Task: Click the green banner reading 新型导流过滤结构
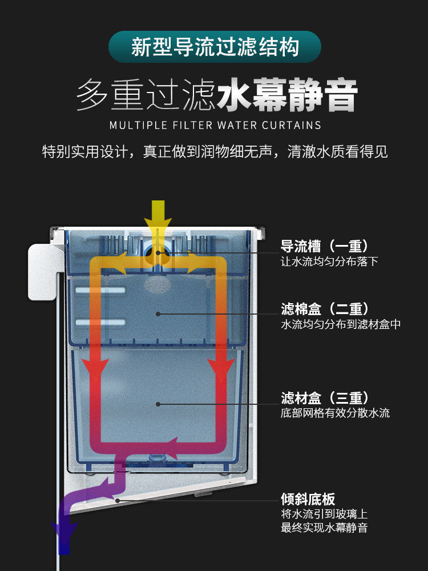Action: pos(214,46)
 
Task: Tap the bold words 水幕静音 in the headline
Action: pos(287,95)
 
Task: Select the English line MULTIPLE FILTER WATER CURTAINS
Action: pos(215,125)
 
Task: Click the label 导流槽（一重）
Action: pos(324,247)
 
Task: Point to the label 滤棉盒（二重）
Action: pos(324,309)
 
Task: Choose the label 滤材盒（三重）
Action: pos(324,398)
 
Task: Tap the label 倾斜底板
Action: pos(308,498)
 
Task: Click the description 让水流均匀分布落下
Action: pos(329,262)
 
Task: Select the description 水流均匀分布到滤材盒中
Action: pos(341,324)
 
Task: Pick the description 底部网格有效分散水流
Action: pos(335,413)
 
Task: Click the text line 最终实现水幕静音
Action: pos(324,528)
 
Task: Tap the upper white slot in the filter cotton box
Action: pos(100,291)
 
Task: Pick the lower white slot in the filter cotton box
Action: pos(100,323)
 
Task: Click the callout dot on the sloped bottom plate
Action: pos(118,501)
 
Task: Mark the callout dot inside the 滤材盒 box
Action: pos(158,404)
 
